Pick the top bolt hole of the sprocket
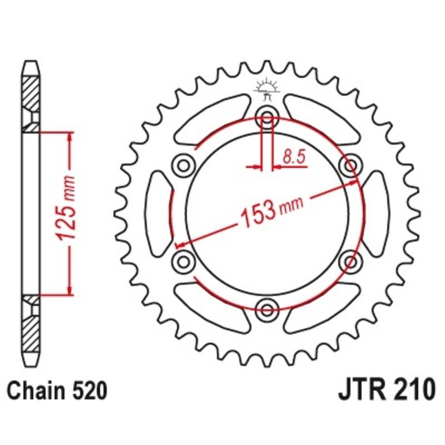click(x=267, y=117)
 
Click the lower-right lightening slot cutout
click(x=323, y=306)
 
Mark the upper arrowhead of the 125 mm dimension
click(x=70, y=137)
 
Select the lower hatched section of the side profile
click(x=31, y=325)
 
